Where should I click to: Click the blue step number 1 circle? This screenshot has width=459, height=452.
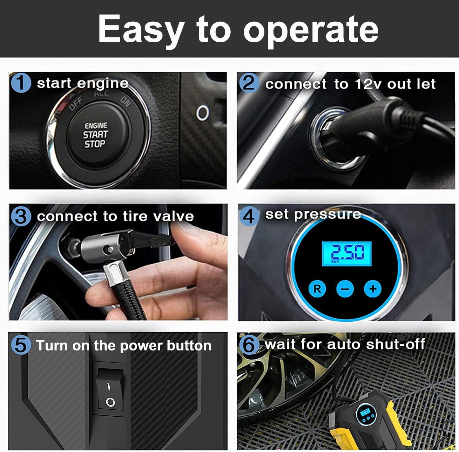click(x=21, y=83)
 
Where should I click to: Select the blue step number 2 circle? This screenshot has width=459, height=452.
click(x=249, y=83)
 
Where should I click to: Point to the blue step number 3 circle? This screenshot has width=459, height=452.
click(x=21, y=216)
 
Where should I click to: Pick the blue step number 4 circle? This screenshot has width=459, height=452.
click(x=249, y=216)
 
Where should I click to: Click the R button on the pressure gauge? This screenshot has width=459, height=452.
click(x=317, y=289)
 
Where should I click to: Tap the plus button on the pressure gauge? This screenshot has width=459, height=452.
click(x=373, y=289)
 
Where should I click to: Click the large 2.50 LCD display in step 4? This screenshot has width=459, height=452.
click(x=347, y=254)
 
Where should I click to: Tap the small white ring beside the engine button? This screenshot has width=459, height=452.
click(x=203, y=113)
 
